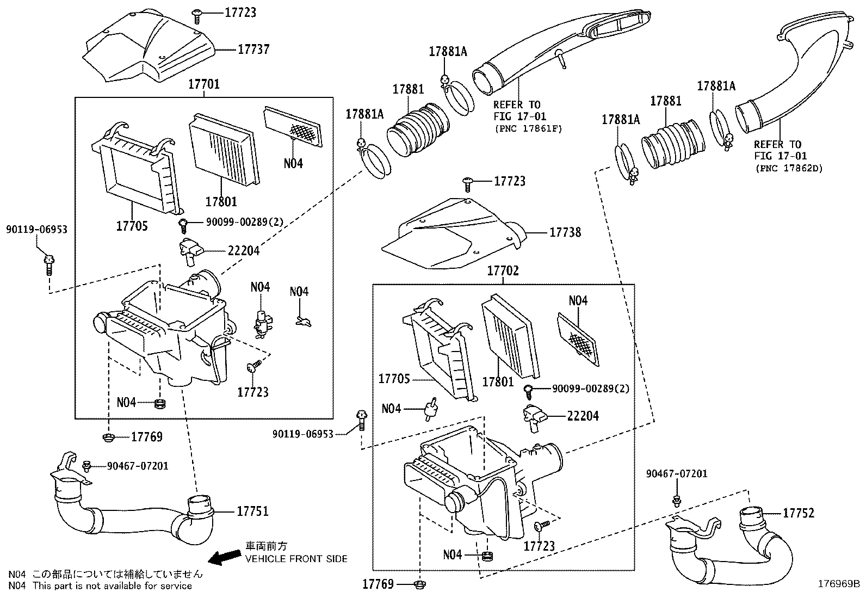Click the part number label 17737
pos(253,50)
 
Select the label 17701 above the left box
pos(204,84)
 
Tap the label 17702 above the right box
pos(503,271)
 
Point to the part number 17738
pos(565,232)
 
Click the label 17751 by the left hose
pos(252,511)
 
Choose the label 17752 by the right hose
pos(799,513)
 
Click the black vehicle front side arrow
pos(226,556)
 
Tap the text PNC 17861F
pos(528,129)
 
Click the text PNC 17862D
pos(788,169)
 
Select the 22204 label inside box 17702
pos(583,416)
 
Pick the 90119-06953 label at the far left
pos(37,230)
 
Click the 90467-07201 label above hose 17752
pos(677,474)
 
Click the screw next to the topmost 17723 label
pos(197,16)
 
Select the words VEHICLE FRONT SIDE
pos(296,559)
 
